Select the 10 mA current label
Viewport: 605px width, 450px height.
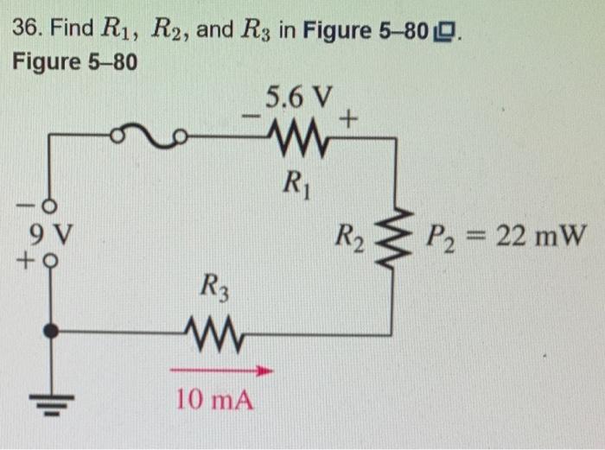click(x=215, y=400)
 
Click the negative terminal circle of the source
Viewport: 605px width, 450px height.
click(x=50, y=206)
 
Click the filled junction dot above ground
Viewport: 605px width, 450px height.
click(x=52, y=330)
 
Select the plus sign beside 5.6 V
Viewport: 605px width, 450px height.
click(x=349, y=121)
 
